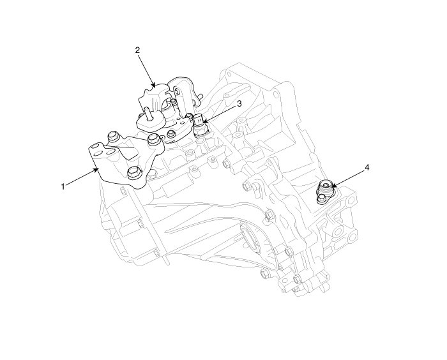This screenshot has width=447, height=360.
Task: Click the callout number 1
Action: coord(63,186)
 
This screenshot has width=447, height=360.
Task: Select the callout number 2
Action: coord(137,50)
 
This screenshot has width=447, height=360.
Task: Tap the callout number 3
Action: coord(239,104)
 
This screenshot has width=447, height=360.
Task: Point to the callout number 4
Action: coord(367,168)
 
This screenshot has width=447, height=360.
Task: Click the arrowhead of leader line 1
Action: coord(96,170)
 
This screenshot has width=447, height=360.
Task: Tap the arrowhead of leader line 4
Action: coord(333,186)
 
